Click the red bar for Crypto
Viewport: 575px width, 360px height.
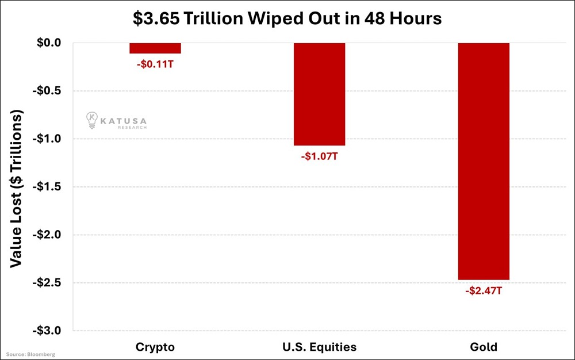pos(155,48)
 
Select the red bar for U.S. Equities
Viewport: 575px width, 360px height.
pos(319,94)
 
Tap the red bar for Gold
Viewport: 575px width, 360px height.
pos(484,161)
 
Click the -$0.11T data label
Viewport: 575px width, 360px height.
pos(155,64)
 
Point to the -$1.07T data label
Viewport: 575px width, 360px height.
pos(319,156)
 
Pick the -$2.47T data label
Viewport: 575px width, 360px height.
pos(484,291)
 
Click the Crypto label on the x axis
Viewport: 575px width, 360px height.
pos(155,347)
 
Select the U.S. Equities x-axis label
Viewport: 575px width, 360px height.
pos(319,347)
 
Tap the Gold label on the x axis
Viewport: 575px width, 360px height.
pos(484,347)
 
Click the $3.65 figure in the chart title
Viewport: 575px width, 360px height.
pos(154,18)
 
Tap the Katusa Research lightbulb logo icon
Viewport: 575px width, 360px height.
pos(91,120)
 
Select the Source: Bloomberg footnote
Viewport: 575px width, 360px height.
pos(31,354)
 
